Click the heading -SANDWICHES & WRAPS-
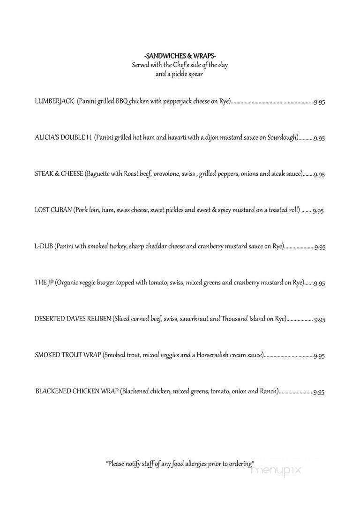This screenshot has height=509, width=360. [180, 56]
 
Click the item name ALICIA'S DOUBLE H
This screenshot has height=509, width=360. [63, 138]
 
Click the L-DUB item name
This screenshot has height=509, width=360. [44, 247]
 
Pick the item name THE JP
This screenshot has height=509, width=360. [44, 283]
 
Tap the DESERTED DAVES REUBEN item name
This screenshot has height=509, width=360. [73, 319]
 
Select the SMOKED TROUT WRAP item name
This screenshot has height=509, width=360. [67, 355]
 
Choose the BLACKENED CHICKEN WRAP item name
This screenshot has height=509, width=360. [77, 391]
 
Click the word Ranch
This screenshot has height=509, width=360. [269, 391]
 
